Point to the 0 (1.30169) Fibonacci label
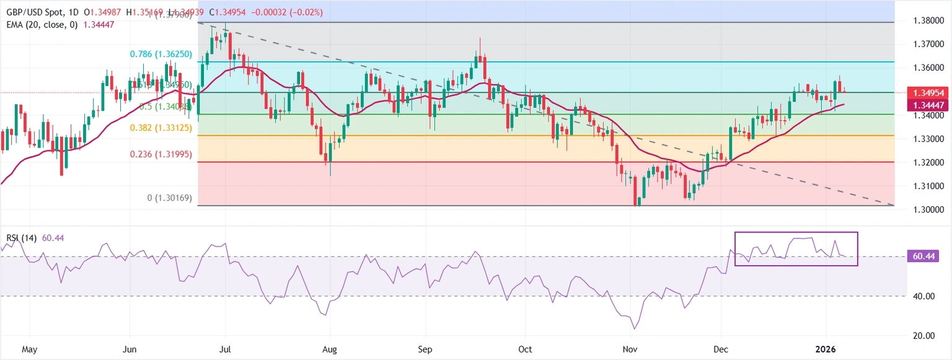click(x=169, y=198)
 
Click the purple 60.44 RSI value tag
click(x=923, y=256)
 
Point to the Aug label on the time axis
click(x=330, y=349)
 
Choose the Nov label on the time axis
click(x=630, y=349)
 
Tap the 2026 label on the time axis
click(x=825, y=349)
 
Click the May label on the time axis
click(x=30, y=349)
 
